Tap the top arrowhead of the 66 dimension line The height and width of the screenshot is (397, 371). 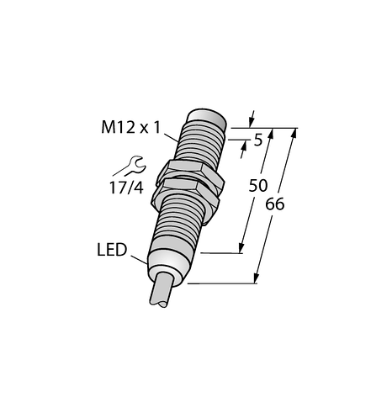(x=294, y=134)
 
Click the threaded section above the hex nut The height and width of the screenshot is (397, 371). (x=201, y=143)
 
